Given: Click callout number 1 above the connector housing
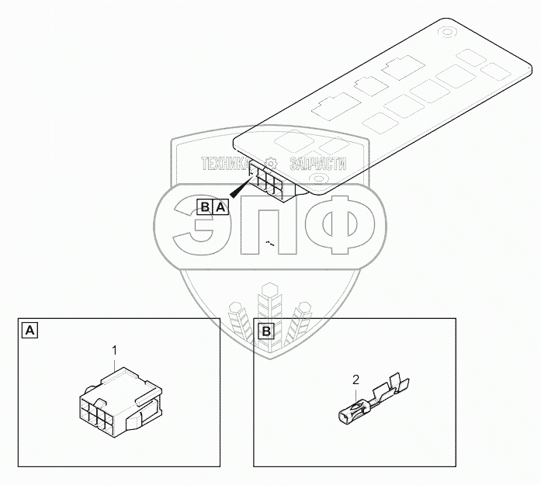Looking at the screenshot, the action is [114, 351].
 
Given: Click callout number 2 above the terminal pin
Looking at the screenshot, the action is [355, 379].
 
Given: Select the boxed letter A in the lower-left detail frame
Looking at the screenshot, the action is [29, 331].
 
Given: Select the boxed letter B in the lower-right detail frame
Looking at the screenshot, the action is [265, 331].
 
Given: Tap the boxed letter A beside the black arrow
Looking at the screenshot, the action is [220, 206].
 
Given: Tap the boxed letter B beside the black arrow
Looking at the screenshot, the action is [205, 206].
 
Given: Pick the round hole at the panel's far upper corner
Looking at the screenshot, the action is [447, 33].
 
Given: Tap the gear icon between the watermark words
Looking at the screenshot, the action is [271, 164].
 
